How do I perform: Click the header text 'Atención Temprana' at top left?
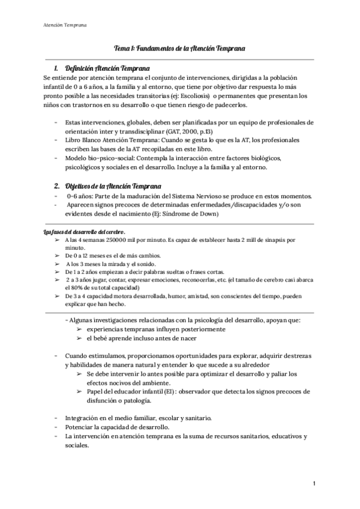point(65,25)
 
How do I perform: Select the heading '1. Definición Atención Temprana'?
point(101,68)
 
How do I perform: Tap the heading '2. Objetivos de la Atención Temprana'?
point(107,185)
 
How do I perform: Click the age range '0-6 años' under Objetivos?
point(80,197)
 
